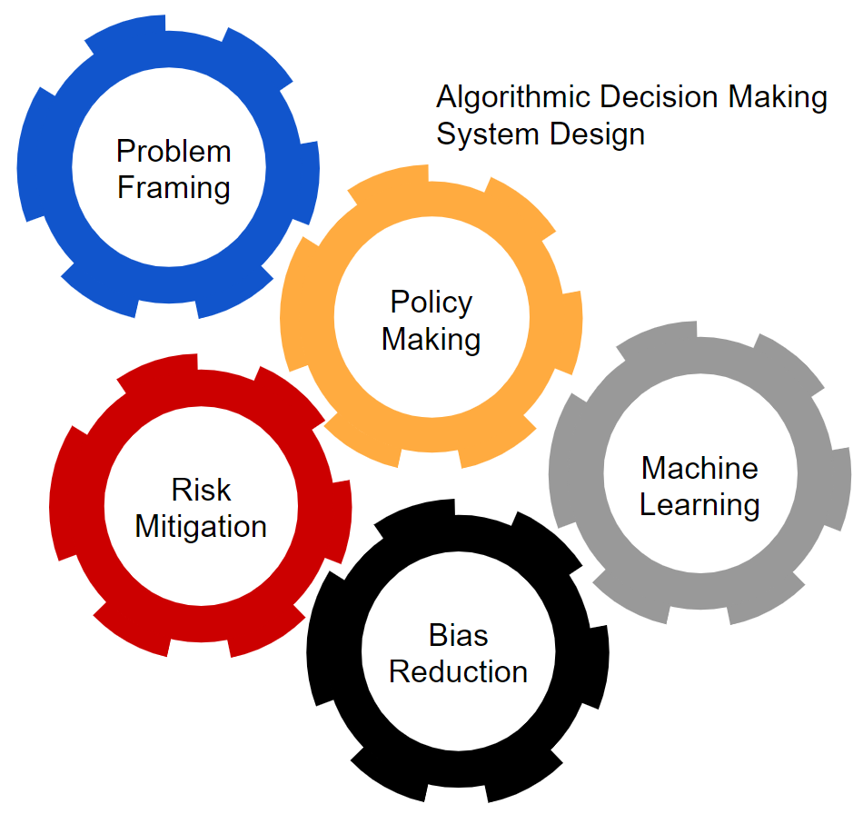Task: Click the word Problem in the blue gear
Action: click(x=174, y=151)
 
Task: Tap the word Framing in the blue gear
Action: click(x=174, y=188)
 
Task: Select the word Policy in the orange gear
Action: click(x=431, y=303)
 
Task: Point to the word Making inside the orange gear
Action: click(x=431, y=340)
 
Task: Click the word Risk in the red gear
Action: click(x=201, y=491)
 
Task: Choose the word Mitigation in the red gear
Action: click(x=201, y=527)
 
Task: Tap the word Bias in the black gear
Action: click(x=458, y=635)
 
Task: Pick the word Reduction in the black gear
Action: click(x=458, y=672)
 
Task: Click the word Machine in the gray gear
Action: click(x=699, y=468)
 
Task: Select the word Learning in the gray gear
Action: click(x=699, y=505)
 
